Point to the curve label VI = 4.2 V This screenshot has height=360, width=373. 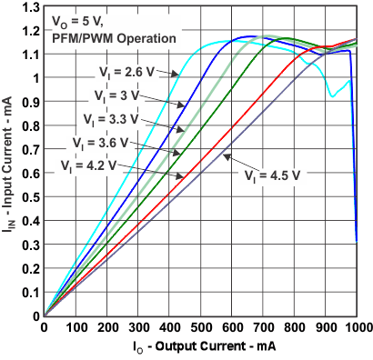click(x=90, y=165)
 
